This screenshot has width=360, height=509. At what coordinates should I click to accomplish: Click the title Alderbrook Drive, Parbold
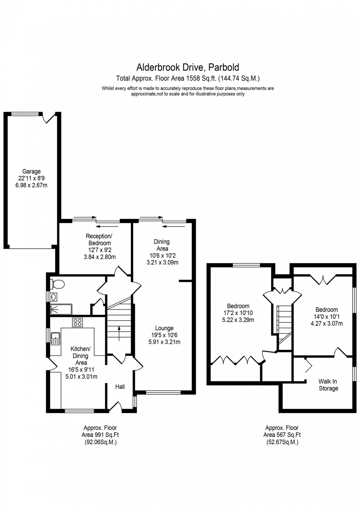pos(188,67)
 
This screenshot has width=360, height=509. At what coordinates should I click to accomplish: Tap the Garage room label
pos(31,172)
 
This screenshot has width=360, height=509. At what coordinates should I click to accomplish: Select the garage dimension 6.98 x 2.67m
pos(31,185)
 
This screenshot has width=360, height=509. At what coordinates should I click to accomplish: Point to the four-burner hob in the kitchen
pos(78,322)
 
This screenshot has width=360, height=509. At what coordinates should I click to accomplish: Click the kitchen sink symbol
pos(55,338)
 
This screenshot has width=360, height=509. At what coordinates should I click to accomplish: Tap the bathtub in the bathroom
pos(61,310)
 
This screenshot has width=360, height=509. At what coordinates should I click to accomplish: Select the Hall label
pos(120,387)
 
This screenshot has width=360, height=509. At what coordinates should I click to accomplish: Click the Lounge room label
pos(164,328)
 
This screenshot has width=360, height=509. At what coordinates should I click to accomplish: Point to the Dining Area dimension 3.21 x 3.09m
pos(162,262)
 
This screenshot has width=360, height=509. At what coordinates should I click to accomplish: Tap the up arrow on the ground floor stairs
pos(119,333)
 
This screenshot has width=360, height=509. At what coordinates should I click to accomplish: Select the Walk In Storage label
pos(328,385)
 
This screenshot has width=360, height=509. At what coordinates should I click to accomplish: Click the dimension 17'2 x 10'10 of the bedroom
pos(238,313)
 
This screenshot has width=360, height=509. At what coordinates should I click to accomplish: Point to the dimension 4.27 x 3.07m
pos(326,324)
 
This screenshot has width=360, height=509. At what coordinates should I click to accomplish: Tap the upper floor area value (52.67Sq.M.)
pos(282,442)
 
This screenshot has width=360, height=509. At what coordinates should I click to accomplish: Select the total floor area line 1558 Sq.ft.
pos(188,78)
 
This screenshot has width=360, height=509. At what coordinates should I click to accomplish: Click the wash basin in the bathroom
pos(54,297)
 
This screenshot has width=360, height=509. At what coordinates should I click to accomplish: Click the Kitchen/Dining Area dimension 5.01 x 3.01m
pos(81,376)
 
